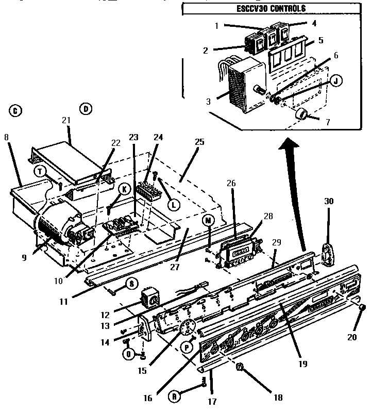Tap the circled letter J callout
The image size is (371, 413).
pos(335,81)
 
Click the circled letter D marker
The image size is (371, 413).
pos(86,109)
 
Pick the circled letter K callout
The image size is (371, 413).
pos(124,189)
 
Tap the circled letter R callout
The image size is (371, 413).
pos(176,397)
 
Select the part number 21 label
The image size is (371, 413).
pos(66,120)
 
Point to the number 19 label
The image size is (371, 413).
pos(302,364)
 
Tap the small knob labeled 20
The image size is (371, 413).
pos(362,308)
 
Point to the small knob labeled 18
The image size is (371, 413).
pos(240,368)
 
